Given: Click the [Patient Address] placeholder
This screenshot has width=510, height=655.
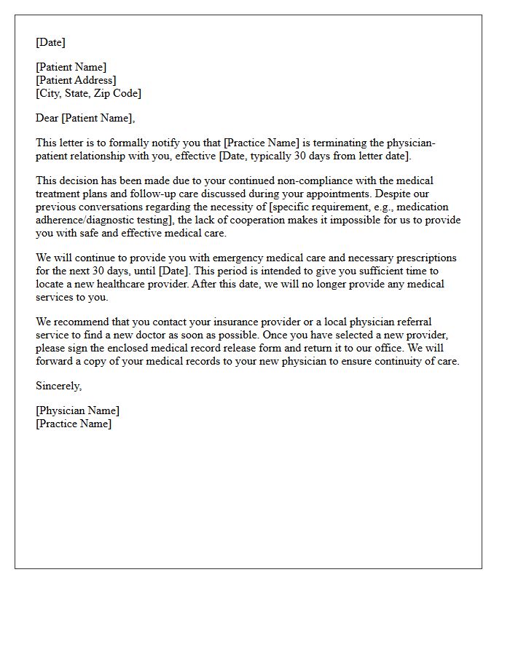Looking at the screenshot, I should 76,80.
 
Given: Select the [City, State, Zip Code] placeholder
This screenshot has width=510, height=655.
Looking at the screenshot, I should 88,93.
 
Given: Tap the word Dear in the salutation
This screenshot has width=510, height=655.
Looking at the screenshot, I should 47,118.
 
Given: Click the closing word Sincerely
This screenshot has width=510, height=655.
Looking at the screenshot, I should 58,386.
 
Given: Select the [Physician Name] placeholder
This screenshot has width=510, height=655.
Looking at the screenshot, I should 78,410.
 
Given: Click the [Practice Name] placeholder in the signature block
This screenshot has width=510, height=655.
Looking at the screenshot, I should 74,424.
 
